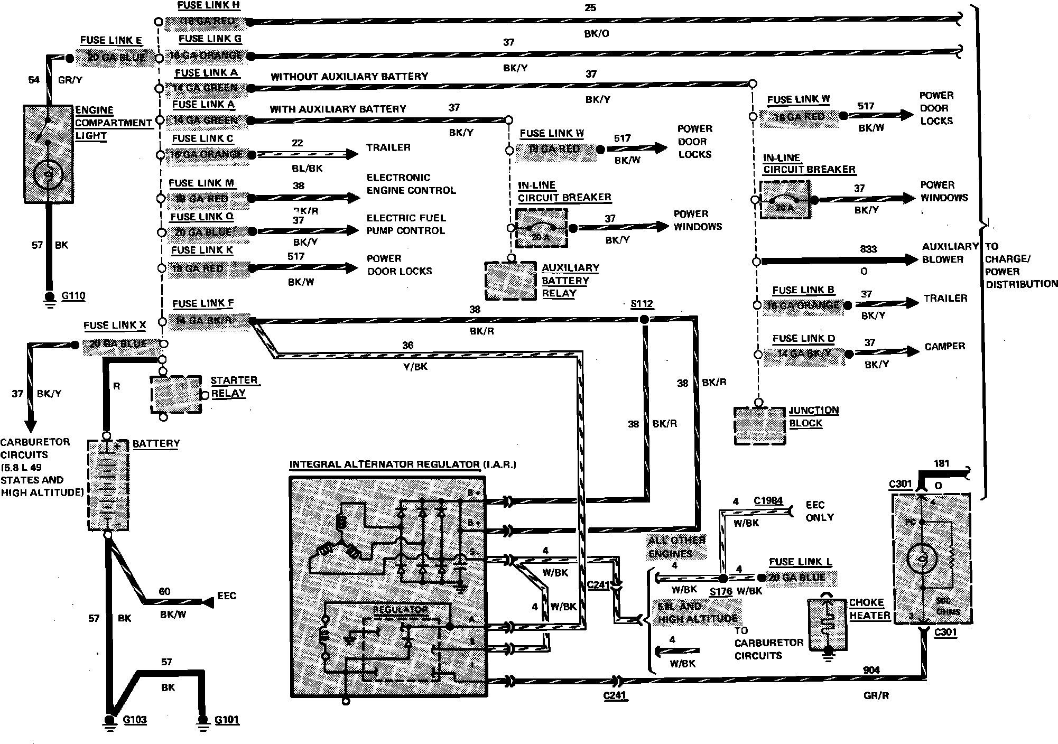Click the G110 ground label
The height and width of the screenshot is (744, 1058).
[73, 296]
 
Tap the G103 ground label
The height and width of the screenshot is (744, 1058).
[134, 720]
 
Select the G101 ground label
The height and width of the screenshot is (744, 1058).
[227, 720]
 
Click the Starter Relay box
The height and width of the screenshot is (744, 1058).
[176, 395]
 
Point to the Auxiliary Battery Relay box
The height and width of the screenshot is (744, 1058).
[511, 281]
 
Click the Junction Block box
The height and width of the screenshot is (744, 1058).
[759, 426]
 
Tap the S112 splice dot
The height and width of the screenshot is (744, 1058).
[644, 320]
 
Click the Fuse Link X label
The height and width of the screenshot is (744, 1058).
[114, 325]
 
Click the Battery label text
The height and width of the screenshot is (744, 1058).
[156, 444]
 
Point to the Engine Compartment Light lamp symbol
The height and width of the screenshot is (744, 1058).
[48, 174]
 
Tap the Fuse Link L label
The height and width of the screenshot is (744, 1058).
[800, 562]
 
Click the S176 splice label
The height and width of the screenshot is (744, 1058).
[720, 592]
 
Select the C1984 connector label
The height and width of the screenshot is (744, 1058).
[768, 501]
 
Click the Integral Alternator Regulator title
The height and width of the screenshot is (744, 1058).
[402, 465]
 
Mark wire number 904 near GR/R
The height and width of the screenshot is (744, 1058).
[871, 671]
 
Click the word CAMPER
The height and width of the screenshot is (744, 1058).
[944, 347]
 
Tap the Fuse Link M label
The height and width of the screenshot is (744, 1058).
[201, 183]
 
